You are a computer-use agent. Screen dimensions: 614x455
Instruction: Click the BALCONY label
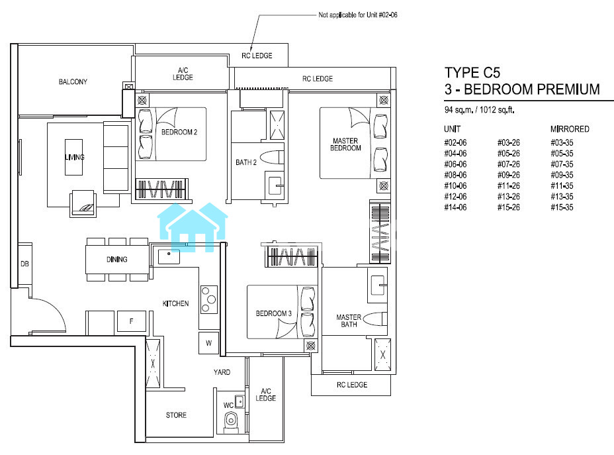pyautogui.click(x=73, y=82)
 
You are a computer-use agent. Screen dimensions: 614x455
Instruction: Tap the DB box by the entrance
pyautogui.click(x=24, y=264)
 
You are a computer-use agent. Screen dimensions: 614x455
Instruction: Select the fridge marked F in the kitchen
pyautogui.click(x=132, y=322)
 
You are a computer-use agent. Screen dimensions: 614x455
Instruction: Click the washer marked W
pyautogui.click(x=208, y=343)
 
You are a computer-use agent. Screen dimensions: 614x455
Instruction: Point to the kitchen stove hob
pyautogui.click(x=208, y=299)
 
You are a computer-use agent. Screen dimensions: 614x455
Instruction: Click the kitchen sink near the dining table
pyautogui.click(x=169, y=256)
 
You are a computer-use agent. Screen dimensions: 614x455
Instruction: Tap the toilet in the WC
pyautogui.click(x=231, y=421)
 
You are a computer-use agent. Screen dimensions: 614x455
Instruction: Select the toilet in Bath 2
pyautogui.click(x=272, y=158)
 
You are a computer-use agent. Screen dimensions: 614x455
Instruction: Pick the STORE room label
pyautogui.click(x=176, y=415)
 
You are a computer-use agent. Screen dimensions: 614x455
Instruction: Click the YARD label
pyautogui.click(x=222, y=372)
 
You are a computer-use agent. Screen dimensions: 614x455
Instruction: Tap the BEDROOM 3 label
pyautogui.click(x=274, y=313)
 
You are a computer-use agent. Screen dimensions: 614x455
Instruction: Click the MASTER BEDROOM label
pyautogui.click(x=345, y=144)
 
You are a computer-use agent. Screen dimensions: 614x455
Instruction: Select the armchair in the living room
pyautogui.click(x=83, y=203)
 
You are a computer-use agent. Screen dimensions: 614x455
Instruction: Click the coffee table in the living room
pyautogui.click(x=73, y=157)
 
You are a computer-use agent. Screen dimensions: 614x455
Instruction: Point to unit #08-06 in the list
pyautogui.click(x=455, y=176)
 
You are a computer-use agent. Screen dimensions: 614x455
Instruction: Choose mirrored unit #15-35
pyautogui.click(x=562, y=207)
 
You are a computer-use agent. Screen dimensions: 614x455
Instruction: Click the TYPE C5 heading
pyautogui.click(x=472, y=73)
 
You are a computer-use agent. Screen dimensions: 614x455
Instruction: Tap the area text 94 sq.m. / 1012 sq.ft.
pyautogui.click(x=479, y=110)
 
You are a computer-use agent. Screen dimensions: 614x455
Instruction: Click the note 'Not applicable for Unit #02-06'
pyautogui.click(x=358, y=15)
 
